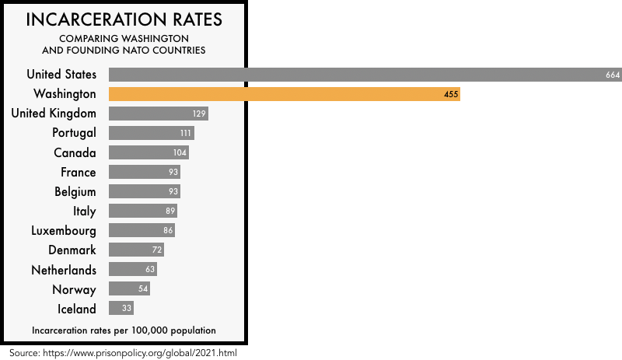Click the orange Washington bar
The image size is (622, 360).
(284, 94)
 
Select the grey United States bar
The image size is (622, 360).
(365, 75)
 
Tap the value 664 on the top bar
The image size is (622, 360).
(612, 75)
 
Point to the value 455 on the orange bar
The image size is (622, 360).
(451, 94)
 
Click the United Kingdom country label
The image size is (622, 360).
(54, 114)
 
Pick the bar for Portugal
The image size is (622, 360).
(151, 133)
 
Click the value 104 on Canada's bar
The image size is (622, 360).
(180, 152)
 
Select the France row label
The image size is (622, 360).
(79, 172)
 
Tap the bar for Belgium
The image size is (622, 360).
(144, 191)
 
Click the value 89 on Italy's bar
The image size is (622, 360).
(170, 211)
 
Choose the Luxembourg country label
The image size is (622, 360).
(64, 231)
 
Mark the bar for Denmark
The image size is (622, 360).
(136, 250)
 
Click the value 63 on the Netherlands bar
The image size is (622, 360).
(150, 270)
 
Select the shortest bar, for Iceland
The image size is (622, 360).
(121, 309)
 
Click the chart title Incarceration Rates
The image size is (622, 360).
(124, 19)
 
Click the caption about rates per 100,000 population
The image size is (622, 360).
(124, 330)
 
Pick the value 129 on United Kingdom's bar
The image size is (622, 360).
(199, 114)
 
